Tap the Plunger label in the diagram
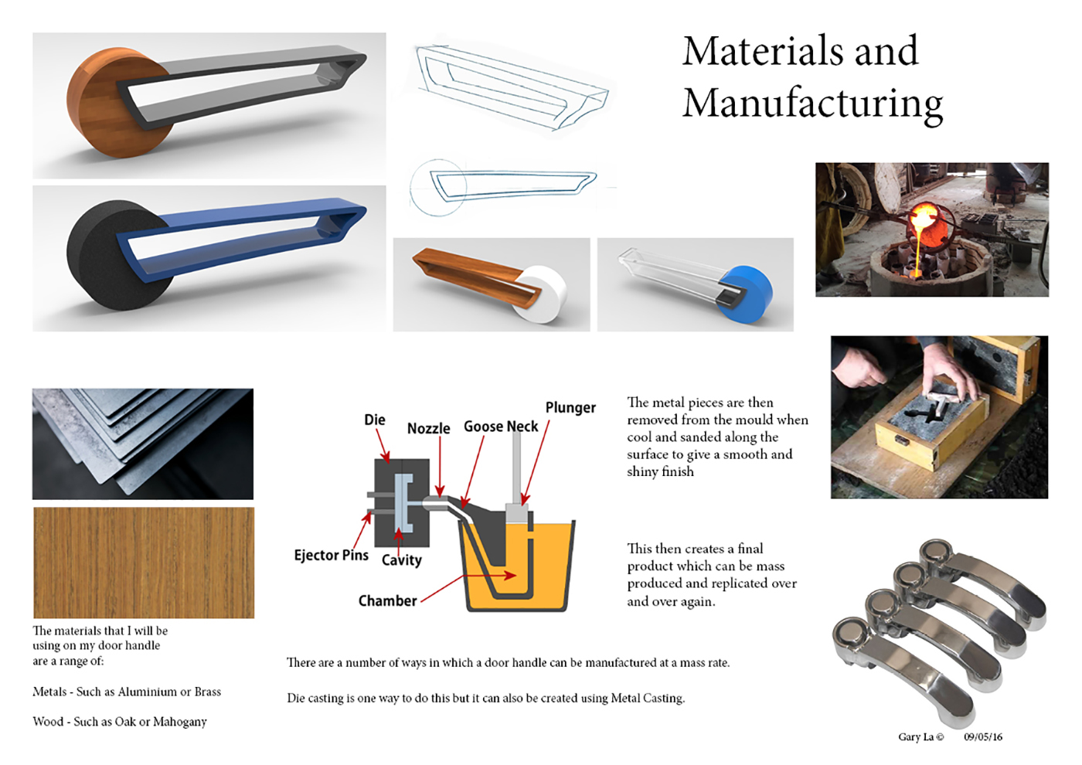(x=570, y=408)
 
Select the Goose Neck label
(x=501, y=427)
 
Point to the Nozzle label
(x=428, y=428)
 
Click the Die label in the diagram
(x=375, y=420)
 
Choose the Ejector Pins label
(x=332, y=556)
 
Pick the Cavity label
(x=401, y=559)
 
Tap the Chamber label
(x=387, y=601)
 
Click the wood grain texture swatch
(x=144, y=563)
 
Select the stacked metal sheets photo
(x=143, y=444)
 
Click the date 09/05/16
(x=983, y=737)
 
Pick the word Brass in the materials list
(x=208, y=692)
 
